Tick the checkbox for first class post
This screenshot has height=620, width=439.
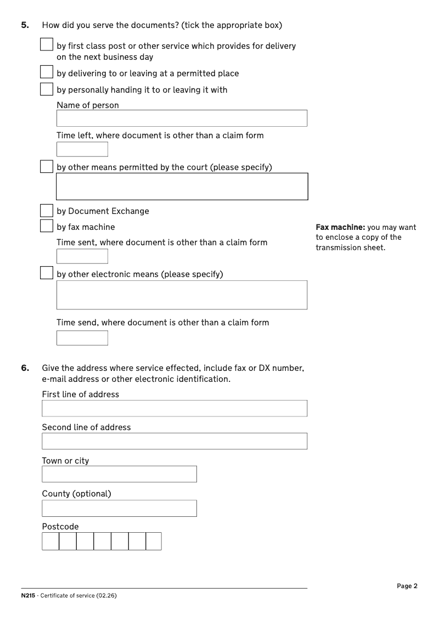[x=47, y=44]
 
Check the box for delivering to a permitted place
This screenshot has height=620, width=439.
[x=47, y=72]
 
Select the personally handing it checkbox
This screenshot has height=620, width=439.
[x=47, y=89]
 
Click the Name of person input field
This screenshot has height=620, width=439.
[x=182, y=118]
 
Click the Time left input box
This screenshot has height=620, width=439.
[x=82, y=149]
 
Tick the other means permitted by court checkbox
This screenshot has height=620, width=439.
[x=47, y=166]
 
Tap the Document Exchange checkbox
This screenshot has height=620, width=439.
[x=47, y=211]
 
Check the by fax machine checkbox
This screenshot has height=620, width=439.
[x=47, y=226]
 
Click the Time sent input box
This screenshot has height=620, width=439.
[x=82, y=256]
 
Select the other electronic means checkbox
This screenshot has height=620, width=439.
[x=47, y=273]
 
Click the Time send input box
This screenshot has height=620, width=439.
[x=82, y=338]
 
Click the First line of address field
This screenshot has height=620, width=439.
[x=175, y=408]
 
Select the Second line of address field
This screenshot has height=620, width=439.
[x=175, y=441]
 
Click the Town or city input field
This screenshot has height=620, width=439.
[x=119, y=474]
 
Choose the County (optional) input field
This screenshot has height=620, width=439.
[x=119, y=508]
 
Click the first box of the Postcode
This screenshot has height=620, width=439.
[x=50, y=541]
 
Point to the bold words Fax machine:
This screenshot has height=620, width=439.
[x=340, y=227]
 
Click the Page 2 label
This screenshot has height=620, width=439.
[x=407, y=586]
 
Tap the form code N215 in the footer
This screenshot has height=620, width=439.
[x=28, y=596]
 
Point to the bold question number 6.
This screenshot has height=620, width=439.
[x=25, y=368]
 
